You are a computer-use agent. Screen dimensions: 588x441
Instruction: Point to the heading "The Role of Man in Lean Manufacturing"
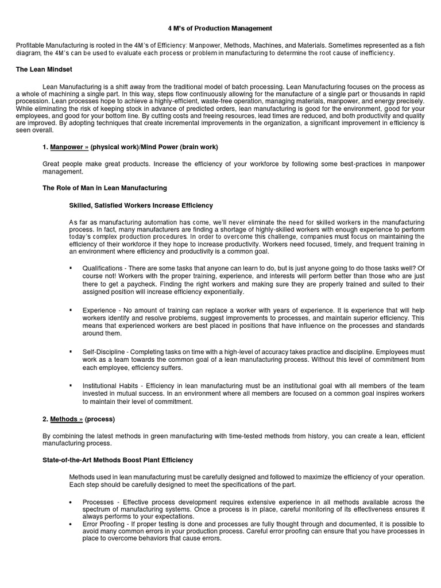pos(105,188)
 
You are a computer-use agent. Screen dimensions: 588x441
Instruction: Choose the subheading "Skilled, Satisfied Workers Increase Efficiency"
pos(141,205)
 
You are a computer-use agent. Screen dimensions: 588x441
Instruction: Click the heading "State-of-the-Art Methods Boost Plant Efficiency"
pos(118,460)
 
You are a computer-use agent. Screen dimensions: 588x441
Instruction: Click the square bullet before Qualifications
pos(71,268)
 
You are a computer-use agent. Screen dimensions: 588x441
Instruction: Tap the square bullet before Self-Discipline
pos(71,351)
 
